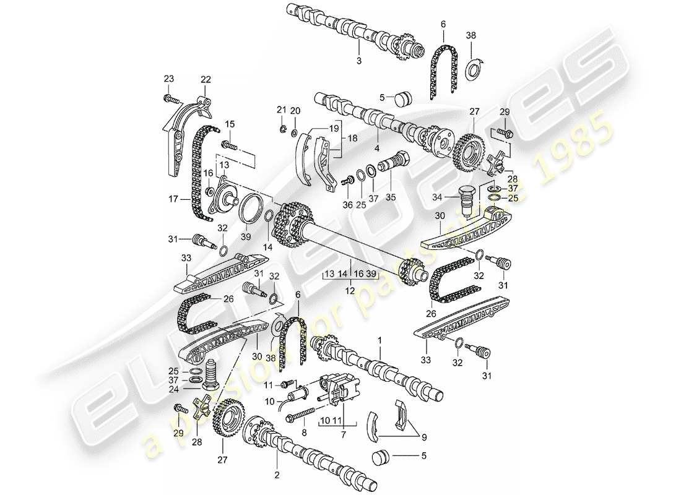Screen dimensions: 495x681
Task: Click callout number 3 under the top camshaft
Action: tap(358, 61)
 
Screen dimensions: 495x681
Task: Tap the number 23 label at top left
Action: tap(168, 79)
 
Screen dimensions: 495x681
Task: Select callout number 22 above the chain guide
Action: tap(205, 79)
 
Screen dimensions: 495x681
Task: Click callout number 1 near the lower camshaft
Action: tap(380, 340)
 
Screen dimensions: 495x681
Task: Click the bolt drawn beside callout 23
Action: tap(171, 99)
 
